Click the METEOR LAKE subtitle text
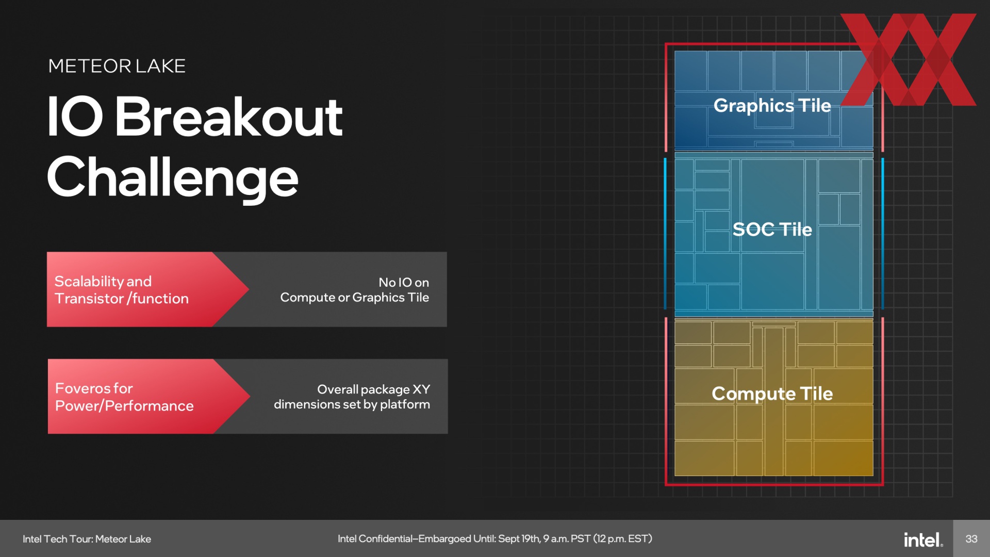coord(117,66)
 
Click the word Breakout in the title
coord(228,117)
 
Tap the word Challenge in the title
coord(173,177)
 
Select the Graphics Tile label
coord(772,106)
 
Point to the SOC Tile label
coord(772,229)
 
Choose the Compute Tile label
coord(772,394)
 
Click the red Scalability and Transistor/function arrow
coord(148,289)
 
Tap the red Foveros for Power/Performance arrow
coord(149,396)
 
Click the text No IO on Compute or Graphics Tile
coord(355,290)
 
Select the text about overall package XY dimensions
coord(352,397)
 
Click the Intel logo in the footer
coord(923,539)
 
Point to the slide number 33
coord(971,539)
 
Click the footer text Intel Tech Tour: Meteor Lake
coord(87,539)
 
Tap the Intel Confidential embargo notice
coord(495,539)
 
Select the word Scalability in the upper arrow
coord(89,282)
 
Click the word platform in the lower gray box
coord(405,405)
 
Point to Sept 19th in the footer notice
coord(519,539)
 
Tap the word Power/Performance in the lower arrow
coord(124,406)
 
